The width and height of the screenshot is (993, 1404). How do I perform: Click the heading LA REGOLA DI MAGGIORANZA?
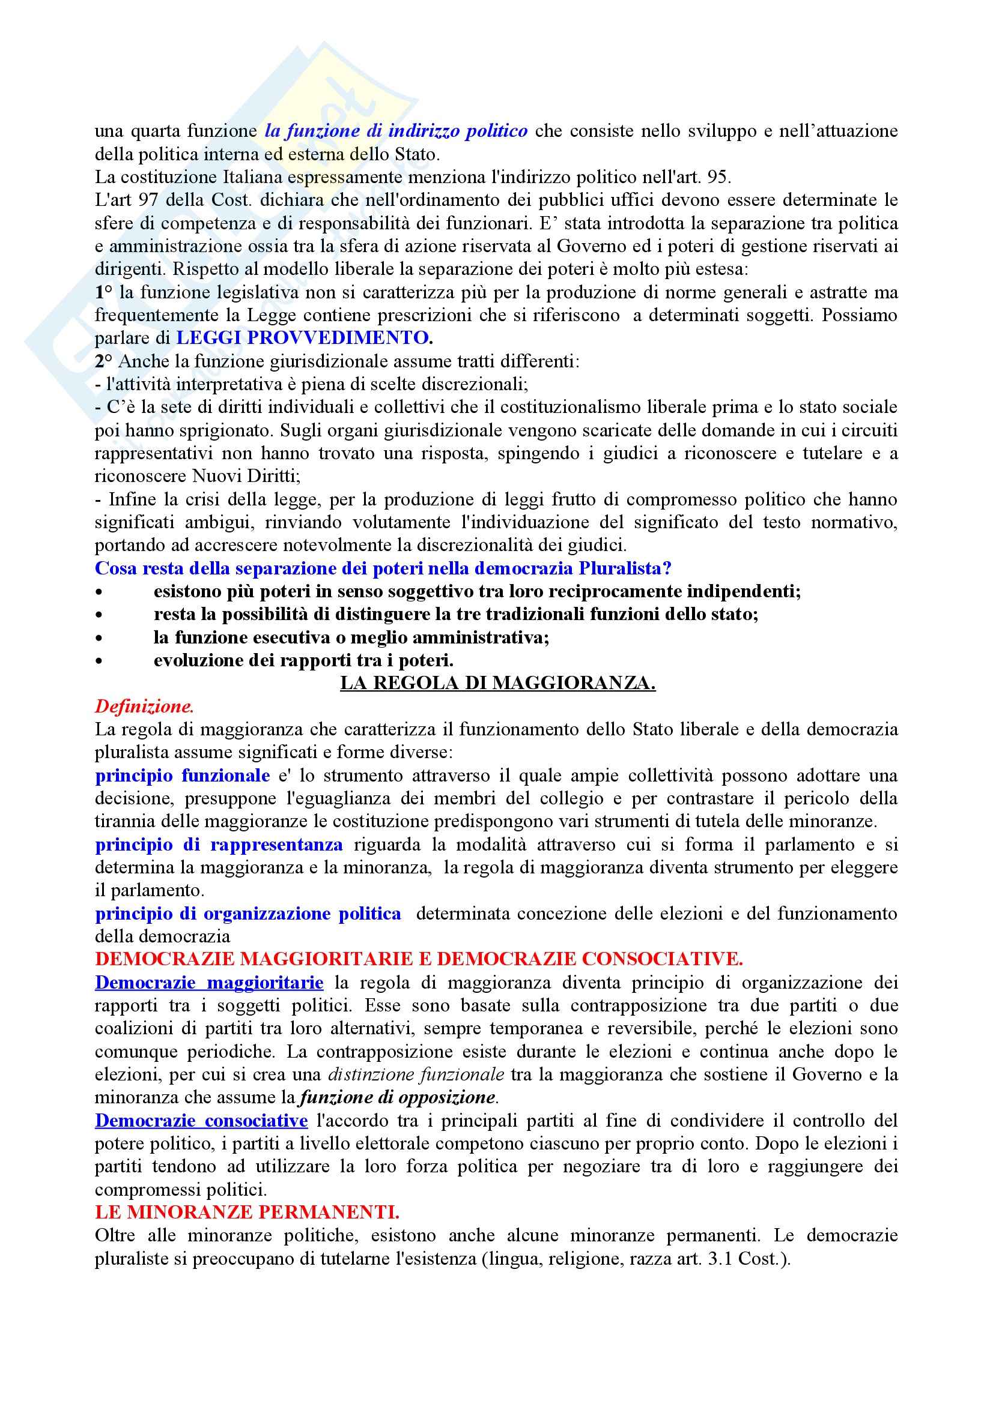(497, 684)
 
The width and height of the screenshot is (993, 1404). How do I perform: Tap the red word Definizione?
(144, 707)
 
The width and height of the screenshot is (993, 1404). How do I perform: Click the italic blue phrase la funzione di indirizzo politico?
(396, 131)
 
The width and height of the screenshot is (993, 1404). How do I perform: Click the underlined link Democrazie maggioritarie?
(209, 983)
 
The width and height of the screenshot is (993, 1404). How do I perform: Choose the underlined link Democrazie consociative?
(201, 1121)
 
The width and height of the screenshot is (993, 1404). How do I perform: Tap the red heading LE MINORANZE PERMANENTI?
(247, 1212)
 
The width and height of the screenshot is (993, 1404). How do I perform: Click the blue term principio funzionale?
(183, 776)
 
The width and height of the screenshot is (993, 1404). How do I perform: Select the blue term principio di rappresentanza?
(219, 845)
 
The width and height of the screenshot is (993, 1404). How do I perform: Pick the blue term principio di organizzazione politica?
(247, 914)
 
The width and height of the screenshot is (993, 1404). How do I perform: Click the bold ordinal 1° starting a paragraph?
(104, 292)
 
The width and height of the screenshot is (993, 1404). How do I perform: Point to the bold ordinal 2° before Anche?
(104, 361)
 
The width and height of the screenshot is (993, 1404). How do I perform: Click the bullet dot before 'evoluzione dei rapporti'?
(99, 661)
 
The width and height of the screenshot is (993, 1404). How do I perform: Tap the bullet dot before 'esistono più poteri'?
(99, 592)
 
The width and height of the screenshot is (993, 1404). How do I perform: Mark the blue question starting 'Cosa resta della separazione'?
(383, 568)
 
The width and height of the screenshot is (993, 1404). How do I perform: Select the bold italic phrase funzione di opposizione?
(398, 1098)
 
